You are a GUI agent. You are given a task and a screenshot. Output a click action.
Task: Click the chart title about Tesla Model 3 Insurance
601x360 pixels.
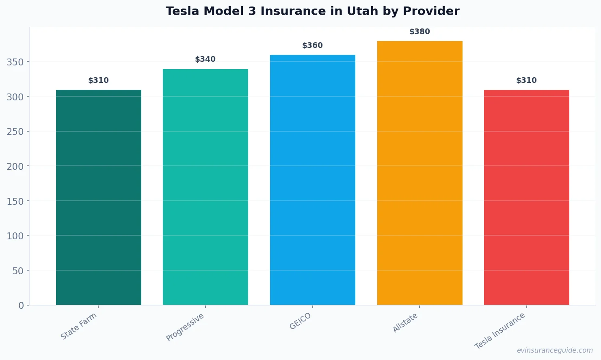[x=312, y=11]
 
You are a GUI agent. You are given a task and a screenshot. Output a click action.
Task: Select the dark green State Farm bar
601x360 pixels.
[x=99, y=197]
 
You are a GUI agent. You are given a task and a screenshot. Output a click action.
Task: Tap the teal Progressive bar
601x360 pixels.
[x=205, y=187]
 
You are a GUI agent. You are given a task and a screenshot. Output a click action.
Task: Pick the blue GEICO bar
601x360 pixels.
[x=313, y=180]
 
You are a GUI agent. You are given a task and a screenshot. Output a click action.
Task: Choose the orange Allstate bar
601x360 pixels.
[x=419, y=173]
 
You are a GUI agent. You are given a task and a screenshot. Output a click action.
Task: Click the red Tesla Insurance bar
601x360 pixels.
[x=527, y=197]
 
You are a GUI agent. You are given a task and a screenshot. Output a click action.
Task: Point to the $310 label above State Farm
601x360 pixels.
[x=99, y=80]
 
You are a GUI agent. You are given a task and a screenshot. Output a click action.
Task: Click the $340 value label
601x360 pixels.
[x=205, y=59]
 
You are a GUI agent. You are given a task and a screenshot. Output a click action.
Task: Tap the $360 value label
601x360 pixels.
[x=313, y=46]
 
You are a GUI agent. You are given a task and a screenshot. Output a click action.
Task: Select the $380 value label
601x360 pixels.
[x=419, y=32]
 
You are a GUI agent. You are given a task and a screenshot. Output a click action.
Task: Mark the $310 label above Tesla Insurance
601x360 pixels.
[x=527, y=80]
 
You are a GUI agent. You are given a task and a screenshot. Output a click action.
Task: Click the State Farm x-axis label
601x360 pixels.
[x=79, y=326]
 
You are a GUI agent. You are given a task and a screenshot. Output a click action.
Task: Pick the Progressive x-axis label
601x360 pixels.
[x=185, y=327]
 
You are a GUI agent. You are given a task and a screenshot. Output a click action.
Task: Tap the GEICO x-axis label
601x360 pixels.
[x=300, y=321]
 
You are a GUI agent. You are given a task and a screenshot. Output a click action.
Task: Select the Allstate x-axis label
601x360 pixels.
[x=405, y=323]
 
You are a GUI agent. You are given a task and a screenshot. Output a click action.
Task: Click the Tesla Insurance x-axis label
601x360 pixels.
[x=500, y=331]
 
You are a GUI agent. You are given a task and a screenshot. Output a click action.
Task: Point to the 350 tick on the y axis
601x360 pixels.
[x=15, y=62]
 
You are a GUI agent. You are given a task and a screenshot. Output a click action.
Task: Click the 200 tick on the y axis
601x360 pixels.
[x=15, y=166]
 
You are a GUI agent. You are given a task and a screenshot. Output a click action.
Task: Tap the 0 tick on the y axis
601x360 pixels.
[x=21, y=306]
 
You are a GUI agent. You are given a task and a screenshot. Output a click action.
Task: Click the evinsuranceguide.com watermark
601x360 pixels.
[x=555, y=350]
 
